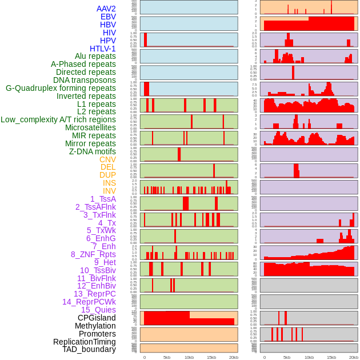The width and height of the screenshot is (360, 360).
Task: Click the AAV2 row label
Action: (106, 9)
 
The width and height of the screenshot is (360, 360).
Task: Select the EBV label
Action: (108, 17)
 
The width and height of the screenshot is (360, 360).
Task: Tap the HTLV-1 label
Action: (103, 49)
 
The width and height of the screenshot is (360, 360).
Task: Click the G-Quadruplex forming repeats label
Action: (61, 88)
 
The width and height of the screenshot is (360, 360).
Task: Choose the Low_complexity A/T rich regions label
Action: (58, 119)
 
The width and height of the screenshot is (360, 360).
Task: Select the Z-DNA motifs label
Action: (93, 151)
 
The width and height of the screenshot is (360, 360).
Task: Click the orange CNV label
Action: (107, 159)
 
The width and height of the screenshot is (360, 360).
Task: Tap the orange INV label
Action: (109, 191)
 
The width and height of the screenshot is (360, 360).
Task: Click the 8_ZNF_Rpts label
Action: (93, 254)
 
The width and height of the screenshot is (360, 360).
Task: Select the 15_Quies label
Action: (98, 310)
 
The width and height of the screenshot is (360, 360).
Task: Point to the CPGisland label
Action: (97, 318)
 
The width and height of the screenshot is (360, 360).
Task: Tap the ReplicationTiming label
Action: (85, 342)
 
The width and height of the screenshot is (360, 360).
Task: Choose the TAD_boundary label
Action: (89, 349)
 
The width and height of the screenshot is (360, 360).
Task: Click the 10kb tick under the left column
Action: (189, 357)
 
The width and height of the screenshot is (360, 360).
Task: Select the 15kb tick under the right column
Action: (331, 357)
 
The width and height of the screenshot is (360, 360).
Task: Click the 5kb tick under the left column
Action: (167, 357)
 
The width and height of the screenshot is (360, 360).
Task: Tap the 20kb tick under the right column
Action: (354, 357)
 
